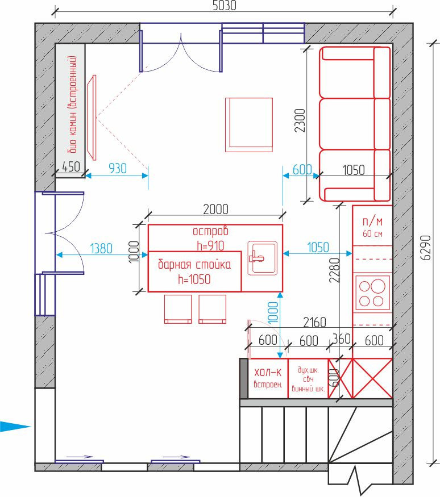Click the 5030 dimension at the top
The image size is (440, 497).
(224, 5)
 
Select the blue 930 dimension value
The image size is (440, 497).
(118, 168)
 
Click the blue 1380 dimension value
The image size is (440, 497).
(101, 249)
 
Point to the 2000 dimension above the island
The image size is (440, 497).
(215, 210)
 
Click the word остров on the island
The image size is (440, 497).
(211, 231)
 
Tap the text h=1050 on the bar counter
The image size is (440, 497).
(194, 279)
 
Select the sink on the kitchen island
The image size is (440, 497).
(262, 258)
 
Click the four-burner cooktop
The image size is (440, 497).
(372, 293)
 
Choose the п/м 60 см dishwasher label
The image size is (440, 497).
(372, 227)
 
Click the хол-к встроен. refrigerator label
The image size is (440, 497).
(268, 378)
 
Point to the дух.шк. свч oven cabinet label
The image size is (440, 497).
(308, 375)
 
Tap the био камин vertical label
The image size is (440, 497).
(72, 104)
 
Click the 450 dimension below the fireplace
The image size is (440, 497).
(70, 166)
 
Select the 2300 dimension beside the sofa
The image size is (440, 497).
(300, 120)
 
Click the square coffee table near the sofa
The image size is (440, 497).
(249, 125)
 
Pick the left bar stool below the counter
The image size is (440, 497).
(178, 309)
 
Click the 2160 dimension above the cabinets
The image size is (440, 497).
(314, 323)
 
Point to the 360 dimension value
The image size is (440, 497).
(341, 339)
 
